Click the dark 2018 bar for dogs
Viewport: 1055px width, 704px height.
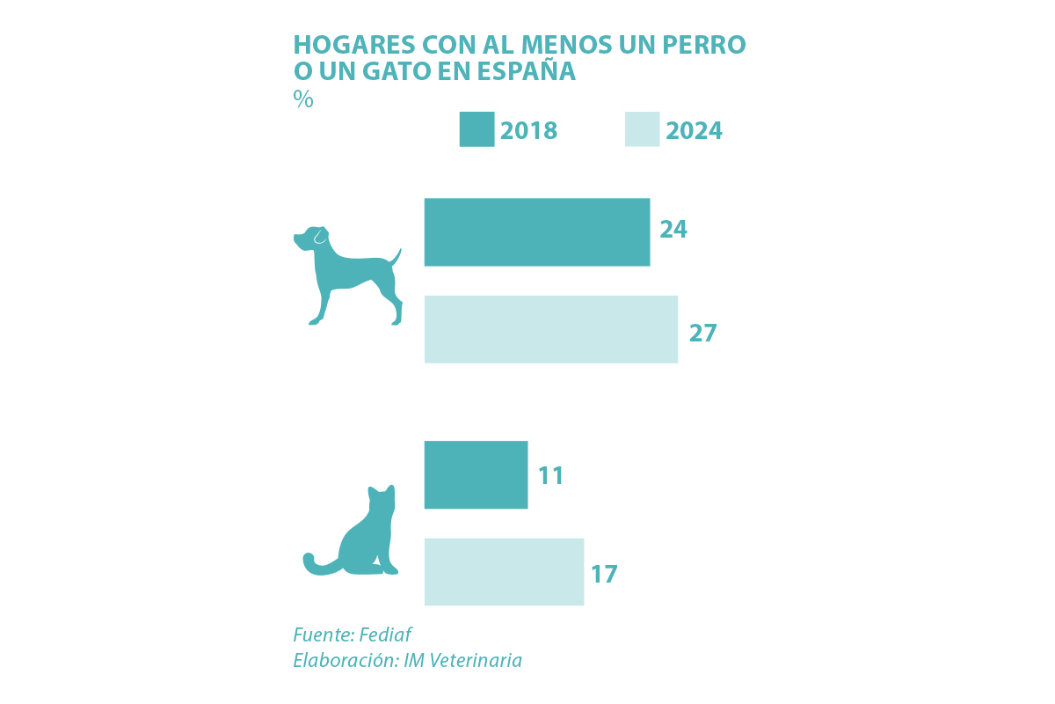536,232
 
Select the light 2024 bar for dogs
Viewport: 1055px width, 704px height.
550,329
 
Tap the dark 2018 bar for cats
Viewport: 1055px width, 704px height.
476,474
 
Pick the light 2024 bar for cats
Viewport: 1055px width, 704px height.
504,571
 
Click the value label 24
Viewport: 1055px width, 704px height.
673,230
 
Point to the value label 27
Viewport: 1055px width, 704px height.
702,334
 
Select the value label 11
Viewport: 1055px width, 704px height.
551,476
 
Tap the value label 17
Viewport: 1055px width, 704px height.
604,575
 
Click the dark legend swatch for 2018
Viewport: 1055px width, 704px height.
477,129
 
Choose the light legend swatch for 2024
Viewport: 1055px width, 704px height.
642,129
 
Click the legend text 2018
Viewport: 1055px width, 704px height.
529,130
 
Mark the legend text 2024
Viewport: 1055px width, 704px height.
695,130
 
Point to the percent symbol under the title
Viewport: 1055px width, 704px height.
303,99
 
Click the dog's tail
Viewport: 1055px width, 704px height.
396,256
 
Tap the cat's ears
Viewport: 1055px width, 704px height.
382,489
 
